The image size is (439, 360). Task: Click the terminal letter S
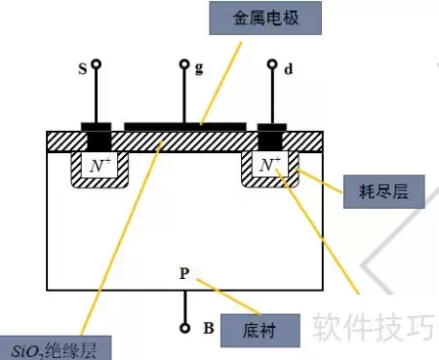[x=83, y=69]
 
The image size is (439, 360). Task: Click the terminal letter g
[x=199, y=68]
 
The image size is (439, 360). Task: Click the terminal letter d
[x=289, y=69]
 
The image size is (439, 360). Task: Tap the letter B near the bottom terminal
[x=209, y=328]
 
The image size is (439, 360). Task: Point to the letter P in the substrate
[x=184, y=273]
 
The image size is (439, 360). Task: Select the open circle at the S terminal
[x=96, y=63]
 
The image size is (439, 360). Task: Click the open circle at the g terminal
[x=184, y=63]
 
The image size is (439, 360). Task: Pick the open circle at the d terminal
[x=272, y=63]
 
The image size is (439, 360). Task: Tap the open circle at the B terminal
[x=184, y=328]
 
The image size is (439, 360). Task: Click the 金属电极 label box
[x=265, y=18]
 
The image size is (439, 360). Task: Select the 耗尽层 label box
[x=384, y=191]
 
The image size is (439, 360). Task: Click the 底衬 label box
[x=260, y=331]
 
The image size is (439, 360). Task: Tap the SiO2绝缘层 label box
[x=56, y=348]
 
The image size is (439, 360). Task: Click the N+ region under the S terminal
[x=100, y=165]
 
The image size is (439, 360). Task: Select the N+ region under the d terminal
[x=270, y=164]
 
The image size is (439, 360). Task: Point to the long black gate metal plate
[x=185, y=127]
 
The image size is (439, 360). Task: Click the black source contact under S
[x=97, y=137]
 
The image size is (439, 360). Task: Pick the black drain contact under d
[x=271, y=137]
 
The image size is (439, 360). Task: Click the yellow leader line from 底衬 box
[x=228, y=297]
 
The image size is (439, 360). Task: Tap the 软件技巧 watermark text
[x=373, y=326]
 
